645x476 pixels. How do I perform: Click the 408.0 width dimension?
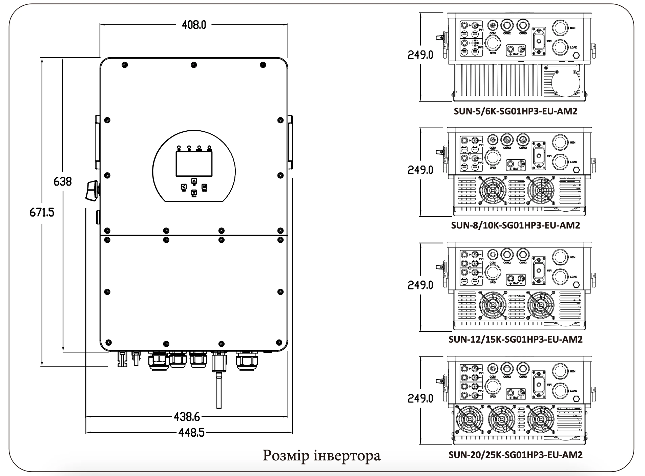pyautogui.click(x=193, y=25)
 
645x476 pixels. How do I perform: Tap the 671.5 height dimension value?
pyautogui.click(x=42, y=212)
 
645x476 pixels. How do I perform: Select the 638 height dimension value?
pyautogui.click(x=63, y=181)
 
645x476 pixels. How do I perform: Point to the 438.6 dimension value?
pyautogui.click(x=187, y=416)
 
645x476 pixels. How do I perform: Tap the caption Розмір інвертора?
pyautogui.click(x=321, y=456)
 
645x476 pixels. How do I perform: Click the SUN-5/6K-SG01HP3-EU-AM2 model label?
pyautogui.click(x=515, y=111)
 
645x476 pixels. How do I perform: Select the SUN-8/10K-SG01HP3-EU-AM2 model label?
pyautogui.click(x=515, y=225)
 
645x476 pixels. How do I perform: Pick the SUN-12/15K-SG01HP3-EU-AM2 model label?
pyautogui.click(x=515, y=339)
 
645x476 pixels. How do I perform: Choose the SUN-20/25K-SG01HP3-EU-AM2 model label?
pyautogui.click(x=515, y=454)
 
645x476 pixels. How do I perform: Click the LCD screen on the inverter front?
pyautogui.click(x=194, y=164)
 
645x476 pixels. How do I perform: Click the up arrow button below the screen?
pyautogui.click(x=194, y=181)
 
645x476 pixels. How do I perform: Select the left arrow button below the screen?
pyautogui.click(x=183, y=187)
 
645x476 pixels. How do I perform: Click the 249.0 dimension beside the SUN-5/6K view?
pyautogui.click(x=420, y=55)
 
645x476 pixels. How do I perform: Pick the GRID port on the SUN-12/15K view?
pyautogui.click(x=493, y=272)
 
